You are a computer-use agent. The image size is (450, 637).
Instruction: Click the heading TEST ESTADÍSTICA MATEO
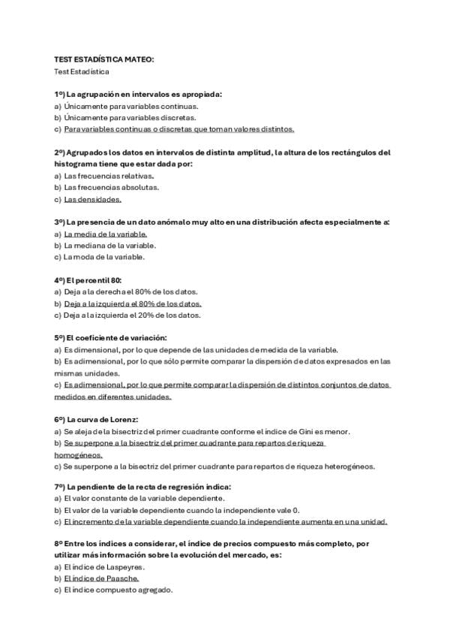coord(103,58)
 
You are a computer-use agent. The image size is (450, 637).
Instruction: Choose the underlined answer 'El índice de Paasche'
coord(101,578)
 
